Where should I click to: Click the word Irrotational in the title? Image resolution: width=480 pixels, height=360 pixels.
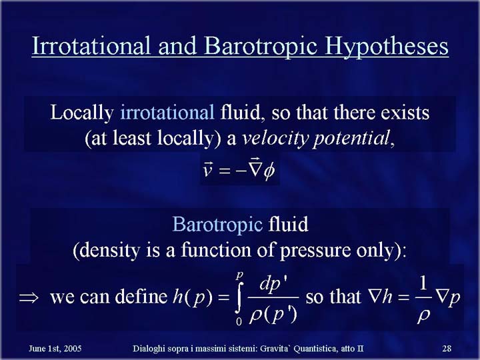91,45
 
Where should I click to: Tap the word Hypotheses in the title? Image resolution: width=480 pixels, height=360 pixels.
386,46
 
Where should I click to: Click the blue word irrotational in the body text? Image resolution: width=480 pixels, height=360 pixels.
167,112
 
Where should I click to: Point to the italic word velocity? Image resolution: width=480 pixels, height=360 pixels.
275,139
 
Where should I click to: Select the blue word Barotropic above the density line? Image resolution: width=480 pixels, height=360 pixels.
217,225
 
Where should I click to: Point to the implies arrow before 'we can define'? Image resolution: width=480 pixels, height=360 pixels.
29,297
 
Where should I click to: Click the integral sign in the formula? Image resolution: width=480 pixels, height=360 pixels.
240,297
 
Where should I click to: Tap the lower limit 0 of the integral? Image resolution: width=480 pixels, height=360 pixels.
239,321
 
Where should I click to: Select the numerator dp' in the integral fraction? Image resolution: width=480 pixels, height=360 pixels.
273,285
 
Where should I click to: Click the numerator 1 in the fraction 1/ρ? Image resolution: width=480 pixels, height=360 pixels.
423,283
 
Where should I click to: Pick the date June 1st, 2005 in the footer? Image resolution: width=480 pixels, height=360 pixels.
55,349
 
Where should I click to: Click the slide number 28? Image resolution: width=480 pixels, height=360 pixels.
447,349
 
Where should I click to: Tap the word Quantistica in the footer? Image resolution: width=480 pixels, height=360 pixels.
316,349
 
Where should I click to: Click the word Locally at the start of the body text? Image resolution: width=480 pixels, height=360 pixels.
82,113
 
